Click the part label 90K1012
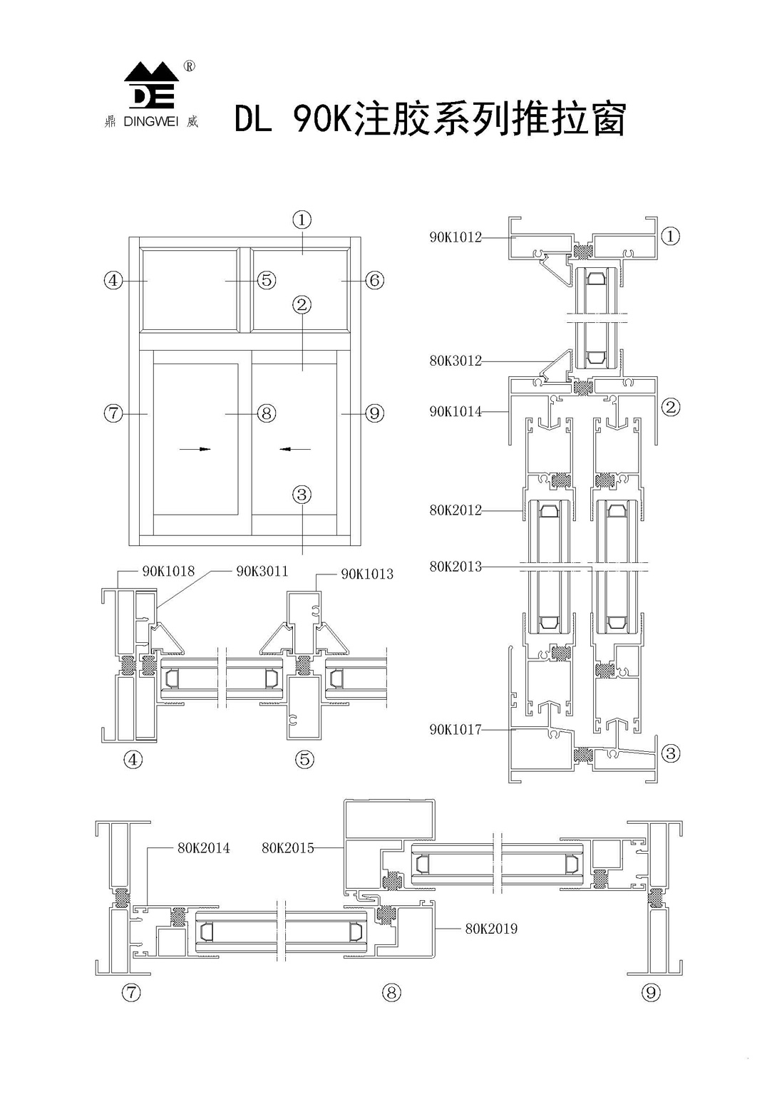(455, 237)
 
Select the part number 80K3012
(455, 361)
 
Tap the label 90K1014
(455, 411)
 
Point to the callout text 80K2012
(455, 510)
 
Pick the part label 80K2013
(455, 567)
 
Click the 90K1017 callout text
(455, 729)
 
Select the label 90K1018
(168, 571)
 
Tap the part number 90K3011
(262, 571)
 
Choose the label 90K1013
(366, 574)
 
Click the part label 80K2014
(203, 848)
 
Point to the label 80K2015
(287, 848)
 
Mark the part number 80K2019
(491, 929)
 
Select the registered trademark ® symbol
(189, 66)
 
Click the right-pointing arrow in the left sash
(195, 449)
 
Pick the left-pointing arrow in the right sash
(295, 449)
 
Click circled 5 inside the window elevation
(266, 280)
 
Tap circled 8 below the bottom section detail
(391, 992)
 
